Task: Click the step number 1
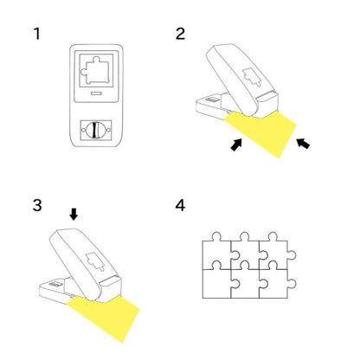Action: tap(37, 34)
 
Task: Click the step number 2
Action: tap(180, 34)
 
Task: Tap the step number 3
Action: tap(37, 205)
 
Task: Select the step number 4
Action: tap(180, 205)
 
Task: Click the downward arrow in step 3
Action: tap(74, 215)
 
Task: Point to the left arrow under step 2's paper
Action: tap(236, 144)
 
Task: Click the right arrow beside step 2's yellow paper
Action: tap(303, 143)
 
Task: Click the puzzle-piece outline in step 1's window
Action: tap(96, 71)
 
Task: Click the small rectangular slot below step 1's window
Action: tap(96, 93)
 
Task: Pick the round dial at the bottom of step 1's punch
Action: tap(96, 131)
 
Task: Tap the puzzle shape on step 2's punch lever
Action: tap(253, 77)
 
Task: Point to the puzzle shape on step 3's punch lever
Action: tap(95, 261)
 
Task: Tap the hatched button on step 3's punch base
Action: tap(55, 285)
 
